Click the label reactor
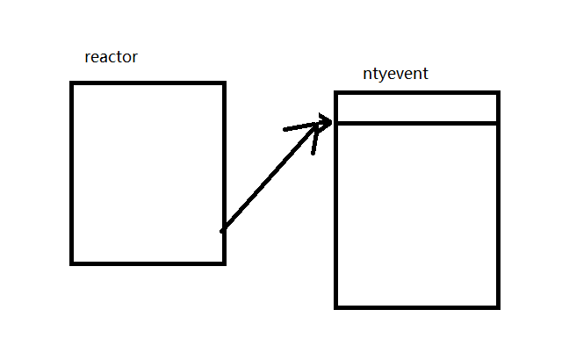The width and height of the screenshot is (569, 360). tap(111, 58)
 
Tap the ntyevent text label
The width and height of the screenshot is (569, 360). tap(395, 74)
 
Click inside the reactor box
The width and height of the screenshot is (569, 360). tap(148, 172)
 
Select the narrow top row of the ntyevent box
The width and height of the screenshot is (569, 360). tap(416, 107)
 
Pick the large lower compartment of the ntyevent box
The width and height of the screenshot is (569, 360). tap(416, 214)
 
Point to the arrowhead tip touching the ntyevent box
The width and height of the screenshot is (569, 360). tap(330, 121)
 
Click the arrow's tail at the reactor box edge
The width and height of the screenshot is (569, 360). tap(223, 230)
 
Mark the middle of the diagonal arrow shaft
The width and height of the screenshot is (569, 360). tap(276, 176)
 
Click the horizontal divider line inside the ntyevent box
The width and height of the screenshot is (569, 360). tap(416, 123)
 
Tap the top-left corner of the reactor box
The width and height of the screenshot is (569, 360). tap(73, 83)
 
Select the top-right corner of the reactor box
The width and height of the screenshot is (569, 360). tap(224, 83)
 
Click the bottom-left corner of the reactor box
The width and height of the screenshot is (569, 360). tap(73, 262)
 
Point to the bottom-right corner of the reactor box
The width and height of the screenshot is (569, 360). tap(224, 262)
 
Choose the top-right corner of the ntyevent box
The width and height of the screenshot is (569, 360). tap(497, 92)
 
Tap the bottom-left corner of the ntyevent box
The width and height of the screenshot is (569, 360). tap(336, 306)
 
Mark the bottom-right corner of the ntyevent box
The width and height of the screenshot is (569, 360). tap(497, 306)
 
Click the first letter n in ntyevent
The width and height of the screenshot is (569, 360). tap(367, 75)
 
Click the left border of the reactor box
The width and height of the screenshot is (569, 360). tap(73, 172)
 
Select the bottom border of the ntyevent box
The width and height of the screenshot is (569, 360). tap(416, 306)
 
